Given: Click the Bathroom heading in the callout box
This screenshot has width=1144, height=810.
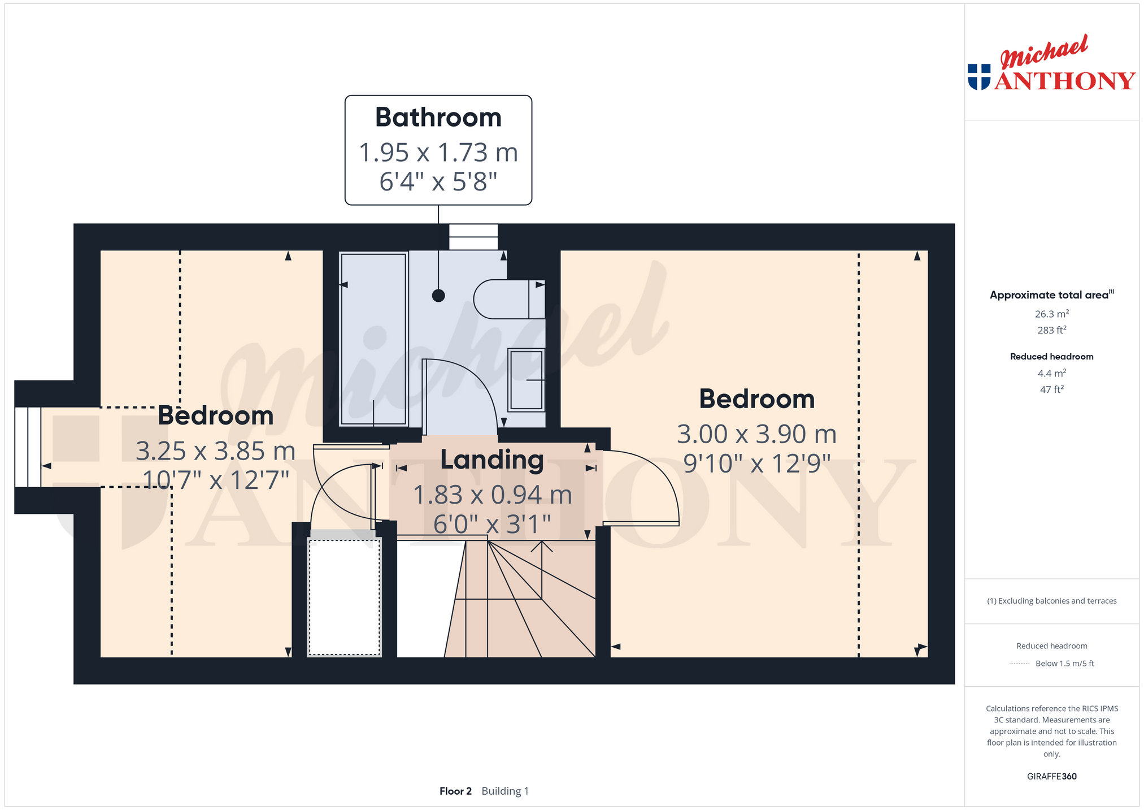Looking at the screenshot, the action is point(438,118).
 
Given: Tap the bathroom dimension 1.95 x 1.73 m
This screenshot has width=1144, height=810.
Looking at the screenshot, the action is point(438,153).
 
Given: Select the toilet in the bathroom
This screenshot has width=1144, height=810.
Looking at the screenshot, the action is point(509,299).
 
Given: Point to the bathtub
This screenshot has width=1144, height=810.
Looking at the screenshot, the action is point(373,339).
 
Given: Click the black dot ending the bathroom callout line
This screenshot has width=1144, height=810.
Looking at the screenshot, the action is point(438,296).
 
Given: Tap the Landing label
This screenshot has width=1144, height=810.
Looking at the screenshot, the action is point(492,460).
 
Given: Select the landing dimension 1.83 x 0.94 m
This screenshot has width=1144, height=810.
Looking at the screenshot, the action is point(493,495).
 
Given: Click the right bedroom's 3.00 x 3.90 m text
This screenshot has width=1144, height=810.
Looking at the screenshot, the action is point(756,434).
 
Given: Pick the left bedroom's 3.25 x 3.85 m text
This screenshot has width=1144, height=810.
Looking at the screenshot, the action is point(216,451).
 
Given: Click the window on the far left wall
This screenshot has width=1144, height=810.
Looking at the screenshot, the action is point(28,447).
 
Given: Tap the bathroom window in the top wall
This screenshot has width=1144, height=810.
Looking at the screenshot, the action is point(473,237).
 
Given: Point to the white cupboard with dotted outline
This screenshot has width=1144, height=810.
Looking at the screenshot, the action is point(344,597).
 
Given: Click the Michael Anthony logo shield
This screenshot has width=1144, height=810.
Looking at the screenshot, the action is point(979,77).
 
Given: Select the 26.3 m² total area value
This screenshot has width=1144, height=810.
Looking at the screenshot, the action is point(1052,314).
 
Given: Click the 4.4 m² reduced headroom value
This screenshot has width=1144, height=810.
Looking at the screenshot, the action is point(1052,373).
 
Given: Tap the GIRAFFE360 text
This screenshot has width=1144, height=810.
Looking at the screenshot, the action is point(1052,776).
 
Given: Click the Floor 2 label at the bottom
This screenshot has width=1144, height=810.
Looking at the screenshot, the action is point(455,791).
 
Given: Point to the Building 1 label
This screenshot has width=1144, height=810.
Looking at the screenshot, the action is point(505,791).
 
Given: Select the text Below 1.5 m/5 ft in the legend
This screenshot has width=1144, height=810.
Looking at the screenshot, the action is point(1064,664).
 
